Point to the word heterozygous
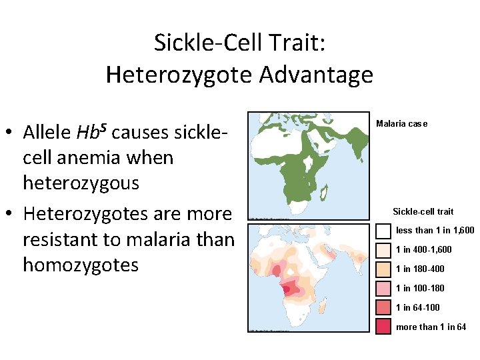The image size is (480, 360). tap(81, 183)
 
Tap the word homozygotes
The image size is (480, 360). tap(81, 265)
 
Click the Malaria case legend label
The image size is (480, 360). tap(401, 123)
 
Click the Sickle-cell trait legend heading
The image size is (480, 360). tap(423, 211)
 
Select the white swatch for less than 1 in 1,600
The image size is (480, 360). tap(383, 231)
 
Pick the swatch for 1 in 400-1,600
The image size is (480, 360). tap(383, 250)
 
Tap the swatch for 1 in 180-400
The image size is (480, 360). tap(383, 269)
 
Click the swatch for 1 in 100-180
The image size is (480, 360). tap(383, 288)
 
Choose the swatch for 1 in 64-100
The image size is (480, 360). tap(383, 307)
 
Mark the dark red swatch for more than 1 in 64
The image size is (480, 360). tap(383, 327)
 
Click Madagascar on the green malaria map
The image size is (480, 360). tap(326, 193)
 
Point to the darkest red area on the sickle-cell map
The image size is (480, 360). tap(289, 291)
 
